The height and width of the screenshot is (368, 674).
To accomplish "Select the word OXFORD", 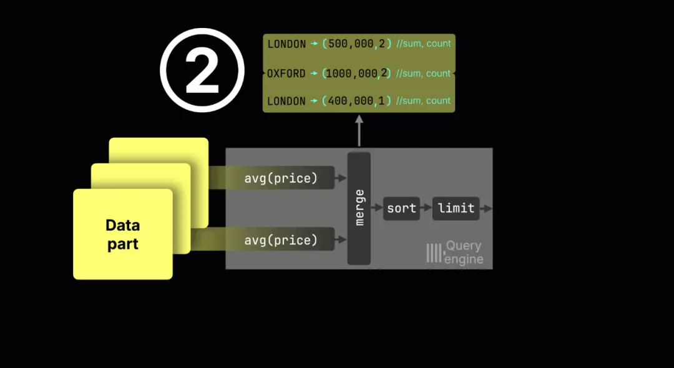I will click(286, 74).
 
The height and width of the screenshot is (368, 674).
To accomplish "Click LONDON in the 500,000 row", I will click(286, 44).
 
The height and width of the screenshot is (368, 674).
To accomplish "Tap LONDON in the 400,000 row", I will click(286, 101).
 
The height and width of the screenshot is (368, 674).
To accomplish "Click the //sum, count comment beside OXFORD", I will click(422, 74).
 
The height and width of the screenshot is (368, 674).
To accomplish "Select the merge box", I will click(359, 208).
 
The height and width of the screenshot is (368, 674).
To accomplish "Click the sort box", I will click(401, 208).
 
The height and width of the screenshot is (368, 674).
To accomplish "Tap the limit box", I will click(456, 208).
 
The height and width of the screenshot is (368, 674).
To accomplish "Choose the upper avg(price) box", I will click(280, 178).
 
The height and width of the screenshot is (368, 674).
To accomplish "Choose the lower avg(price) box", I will click(280, 240).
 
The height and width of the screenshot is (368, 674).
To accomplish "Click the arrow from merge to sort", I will click(377, 208).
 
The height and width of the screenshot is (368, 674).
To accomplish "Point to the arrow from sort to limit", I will click(426, 208).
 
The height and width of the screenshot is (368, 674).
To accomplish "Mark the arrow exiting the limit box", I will click(486, 208).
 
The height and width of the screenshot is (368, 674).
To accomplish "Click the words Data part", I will click(122, 235).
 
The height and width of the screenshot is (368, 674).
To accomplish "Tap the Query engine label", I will click(464, 253).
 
